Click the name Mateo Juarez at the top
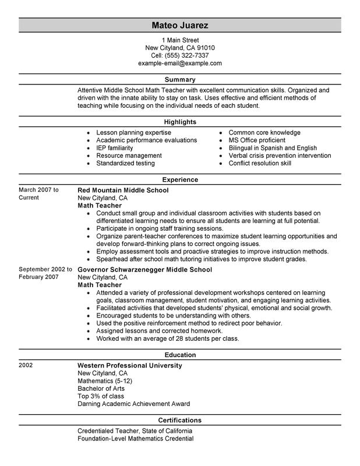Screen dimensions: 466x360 (179, 26)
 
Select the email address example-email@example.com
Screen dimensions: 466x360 (179, 63)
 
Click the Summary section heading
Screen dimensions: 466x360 (179, 79)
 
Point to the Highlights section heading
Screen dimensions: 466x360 (179, 122)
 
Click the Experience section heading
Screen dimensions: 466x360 (179, 179)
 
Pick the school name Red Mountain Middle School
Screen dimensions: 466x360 (123, 190)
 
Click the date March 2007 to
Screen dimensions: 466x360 (39, 190)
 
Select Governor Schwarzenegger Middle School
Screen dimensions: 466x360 (144, 270)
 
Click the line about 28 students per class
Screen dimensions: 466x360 (160, 338)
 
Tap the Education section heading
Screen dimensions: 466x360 (179, 354)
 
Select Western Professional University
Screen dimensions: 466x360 (130, 365)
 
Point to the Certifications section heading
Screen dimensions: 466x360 (179, 419)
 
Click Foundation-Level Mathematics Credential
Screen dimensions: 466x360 (135, 438)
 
